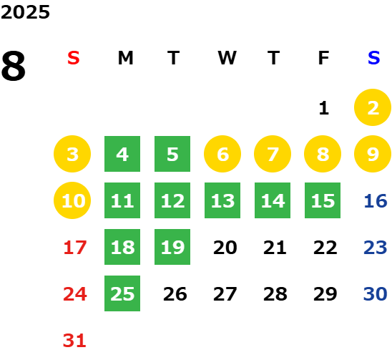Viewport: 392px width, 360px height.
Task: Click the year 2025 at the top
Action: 25,12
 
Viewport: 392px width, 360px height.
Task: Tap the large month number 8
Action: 14,66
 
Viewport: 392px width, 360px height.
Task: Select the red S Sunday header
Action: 74,58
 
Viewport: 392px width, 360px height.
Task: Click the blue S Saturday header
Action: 373,58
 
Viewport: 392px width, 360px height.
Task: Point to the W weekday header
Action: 227,58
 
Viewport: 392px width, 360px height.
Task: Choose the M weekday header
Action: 125,58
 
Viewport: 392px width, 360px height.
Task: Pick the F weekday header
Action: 323,58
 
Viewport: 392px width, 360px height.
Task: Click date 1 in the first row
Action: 324,108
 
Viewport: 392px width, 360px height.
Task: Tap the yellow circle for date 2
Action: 373,107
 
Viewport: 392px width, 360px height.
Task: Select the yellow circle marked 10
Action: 72,200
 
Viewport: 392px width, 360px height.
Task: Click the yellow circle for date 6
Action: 222,154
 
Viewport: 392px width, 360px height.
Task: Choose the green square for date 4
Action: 122,154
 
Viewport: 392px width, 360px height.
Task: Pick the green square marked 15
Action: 323,200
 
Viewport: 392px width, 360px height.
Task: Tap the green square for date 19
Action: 172,247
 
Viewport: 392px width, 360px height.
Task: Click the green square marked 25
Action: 122,293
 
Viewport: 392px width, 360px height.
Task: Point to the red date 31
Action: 74,341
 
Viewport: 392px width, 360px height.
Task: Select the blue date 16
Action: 376,201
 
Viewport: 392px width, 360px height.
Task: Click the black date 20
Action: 225,248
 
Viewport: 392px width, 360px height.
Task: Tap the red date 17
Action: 75,248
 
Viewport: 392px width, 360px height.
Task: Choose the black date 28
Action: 275,294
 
